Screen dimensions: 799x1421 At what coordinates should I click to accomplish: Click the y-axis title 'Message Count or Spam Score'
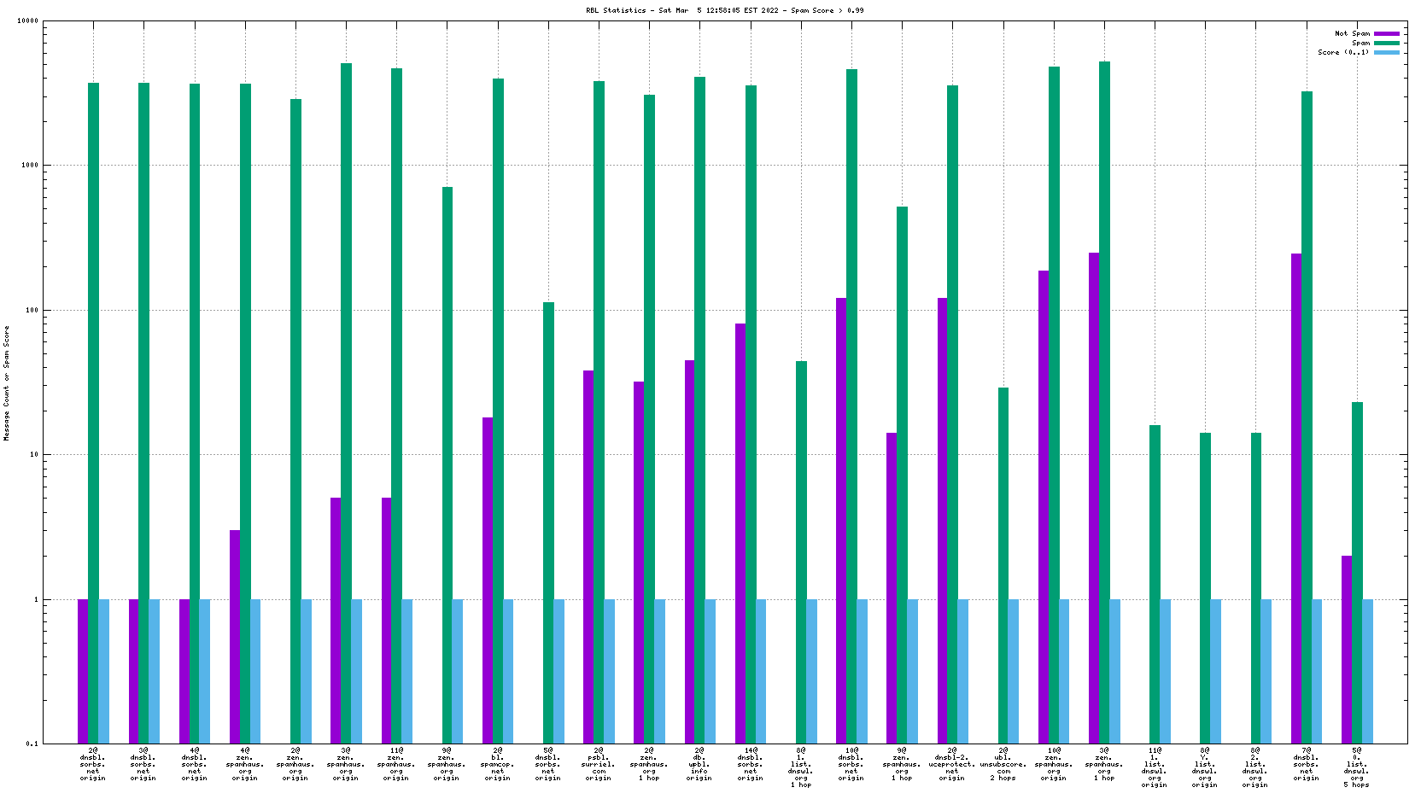[7, 382]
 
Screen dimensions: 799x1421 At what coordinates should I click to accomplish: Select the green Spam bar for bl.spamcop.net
[498, 410]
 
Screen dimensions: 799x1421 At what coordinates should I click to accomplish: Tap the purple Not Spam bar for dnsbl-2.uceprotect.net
[942, 521]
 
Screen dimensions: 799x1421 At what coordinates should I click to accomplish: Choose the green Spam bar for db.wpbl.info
[699, 410]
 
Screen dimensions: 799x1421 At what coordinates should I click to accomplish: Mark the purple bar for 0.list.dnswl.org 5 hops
[1347, 649]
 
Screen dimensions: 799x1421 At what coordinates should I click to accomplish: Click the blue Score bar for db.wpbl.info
[710, 671]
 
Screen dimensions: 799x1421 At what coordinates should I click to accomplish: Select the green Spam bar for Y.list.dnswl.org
[1205, 588]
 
